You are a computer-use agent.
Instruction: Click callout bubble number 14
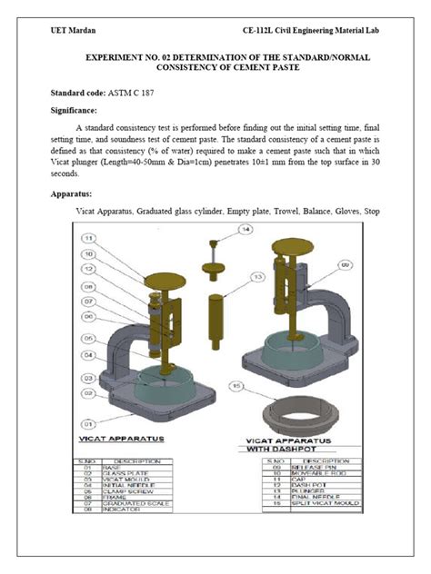click(245, 231)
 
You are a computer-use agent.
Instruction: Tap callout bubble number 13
click(258, 275)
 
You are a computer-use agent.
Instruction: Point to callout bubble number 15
click(239, 385)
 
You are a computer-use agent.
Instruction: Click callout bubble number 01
click(88, 423)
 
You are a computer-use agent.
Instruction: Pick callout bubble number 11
click(88, 240)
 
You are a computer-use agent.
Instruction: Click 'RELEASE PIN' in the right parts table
click(302, 468)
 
